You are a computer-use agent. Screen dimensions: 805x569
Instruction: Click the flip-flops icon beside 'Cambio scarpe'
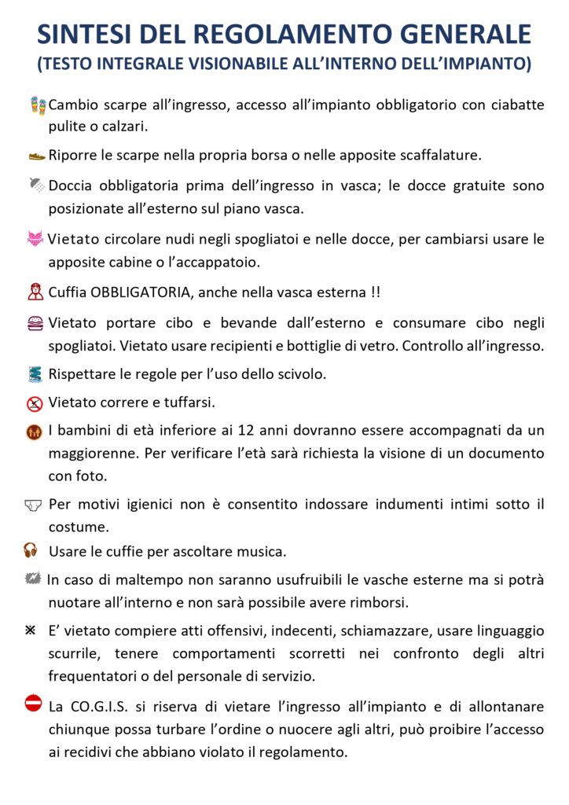click(x=38, y=105)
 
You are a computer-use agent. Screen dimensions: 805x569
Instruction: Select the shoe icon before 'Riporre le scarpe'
click(x=37, y=156)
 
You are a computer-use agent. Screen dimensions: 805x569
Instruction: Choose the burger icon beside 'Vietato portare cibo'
click(x=35, y=322)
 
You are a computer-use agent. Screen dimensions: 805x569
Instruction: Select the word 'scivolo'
click(x=300, y=373)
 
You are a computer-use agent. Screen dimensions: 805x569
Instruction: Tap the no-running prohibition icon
click(x=35, y=403)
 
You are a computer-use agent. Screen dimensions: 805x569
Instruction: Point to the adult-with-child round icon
click(x=35, y=432)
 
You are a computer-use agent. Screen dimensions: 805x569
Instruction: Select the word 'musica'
click(x=263, y=551)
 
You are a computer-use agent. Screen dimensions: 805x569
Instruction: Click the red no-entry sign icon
click(x=33, y=703)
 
